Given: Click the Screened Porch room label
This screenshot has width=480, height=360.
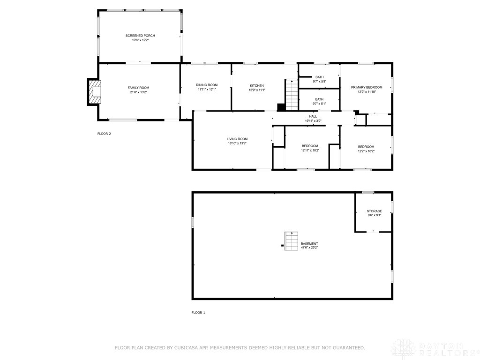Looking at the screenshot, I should [x=140, y=36].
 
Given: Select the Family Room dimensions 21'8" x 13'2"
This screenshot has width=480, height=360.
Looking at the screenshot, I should [x=138, y=92].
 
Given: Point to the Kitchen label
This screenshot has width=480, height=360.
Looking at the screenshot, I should [x=256, y=85].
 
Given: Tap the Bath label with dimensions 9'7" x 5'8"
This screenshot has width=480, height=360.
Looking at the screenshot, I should [x=319, y=77].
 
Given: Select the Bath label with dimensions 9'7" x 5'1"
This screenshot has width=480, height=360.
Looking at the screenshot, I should [x=319, y=99].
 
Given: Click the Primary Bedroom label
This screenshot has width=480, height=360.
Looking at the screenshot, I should [x=367, y=87].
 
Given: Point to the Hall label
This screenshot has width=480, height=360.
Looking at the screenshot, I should [x=313, y=116].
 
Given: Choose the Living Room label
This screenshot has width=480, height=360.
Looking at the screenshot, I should [x=237, y=139].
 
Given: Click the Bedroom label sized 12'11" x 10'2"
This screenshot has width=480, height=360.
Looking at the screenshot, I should [x=310, y=146].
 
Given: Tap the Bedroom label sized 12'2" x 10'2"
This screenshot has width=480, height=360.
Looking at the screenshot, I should [x=366, y=147].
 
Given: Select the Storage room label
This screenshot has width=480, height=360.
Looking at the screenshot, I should [x=374, y=211].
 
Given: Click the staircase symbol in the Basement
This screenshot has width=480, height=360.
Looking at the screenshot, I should [x=291, y=241].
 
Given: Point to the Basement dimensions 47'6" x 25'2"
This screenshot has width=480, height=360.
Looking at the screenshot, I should [x=309, y=247].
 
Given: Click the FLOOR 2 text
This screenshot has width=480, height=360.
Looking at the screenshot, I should [x=104, y=134].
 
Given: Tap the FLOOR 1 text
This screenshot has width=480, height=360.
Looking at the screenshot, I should [x=198, y=312].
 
